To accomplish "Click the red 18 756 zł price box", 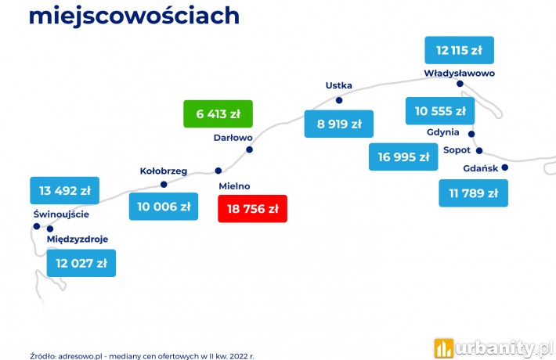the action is click(252, 209).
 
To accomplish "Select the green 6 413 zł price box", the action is click(218, 113).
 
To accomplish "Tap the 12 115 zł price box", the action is click(459, 50).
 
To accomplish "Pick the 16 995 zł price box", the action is click(403, 157).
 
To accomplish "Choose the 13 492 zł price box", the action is click(64, 191).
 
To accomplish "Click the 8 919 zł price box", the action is click(339, 124).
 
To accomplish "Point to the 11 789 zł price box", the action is click(473, 193).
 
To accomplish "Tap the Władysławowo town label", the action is click(459, 74).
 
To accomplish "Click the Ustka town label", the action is click(338, 85).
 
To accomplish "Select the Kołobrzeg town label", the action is click(164, 171).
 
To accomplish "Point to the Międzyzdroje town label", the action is click(78, 239).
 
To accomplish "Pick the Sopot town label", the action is click(457, 150).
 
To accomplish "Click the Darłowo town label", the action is click(233, 138).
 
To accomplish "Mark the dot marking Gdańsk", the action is click(505, 167).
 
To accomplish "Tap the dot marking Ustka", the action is click(339, 100).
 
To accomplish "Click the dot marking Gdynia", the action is click(471, 134).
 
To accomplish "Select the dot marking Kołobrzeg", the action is click(164, 184).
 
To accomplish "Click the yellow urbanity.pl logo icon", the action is click(443, 348).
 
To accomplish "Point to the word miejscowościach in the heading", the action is click(134, 16).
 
